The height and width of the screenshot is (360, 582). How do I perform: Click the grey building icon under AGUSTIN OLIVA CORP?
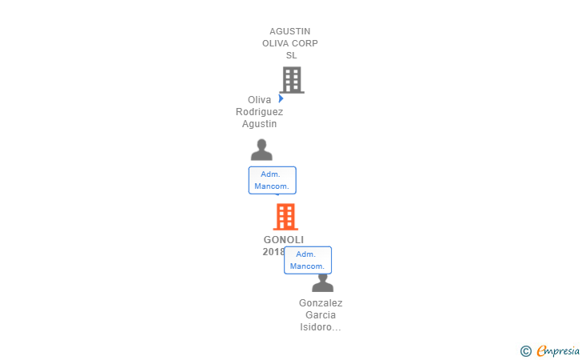point(293,80)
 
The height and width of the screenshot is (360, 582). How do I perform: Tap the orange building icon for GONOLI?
point(285,217)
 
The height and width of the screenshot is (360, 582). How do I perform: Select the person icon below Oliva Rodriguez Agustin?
point(261,150)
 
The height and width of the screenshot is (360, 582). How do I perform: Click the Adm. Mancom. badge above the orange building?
point(272,180)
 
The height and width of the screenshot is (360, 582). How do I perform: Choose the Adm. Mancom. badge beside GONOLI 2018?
point(307,260)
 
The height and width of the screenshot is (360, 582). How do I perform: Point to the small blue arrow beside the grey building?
point(281,98)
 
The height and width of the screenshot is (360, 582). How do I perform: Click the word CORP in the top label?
point(305,43)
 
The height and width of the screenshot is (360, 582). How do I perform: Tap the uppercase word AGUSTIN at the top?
point(290,31)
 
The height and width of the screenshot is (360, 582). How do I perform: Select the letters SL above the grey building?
point(291,55)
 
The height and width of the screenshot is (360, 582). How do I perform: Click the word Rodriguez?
point(259,112)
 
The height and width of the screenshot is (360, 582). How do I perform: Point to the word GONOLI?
point(284,240)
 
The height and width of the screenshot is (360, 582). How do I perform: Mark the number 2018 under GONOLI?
point(273,252)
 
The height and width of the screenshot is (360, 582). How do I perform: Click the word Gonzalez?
point(321,303)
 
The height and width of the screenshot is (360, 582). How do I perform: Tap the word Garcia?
point(321,315)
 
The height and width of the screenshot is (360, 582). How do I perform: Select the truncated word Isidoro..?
point(321,327)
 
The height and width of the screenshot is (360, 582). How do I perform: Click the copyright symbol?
point(525,351)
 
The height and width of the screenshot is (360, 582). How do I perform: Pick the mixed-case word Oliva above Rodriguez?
point(259,100)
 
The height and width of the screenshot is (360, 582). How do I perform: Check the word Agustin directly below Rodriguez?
point(259,124)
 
